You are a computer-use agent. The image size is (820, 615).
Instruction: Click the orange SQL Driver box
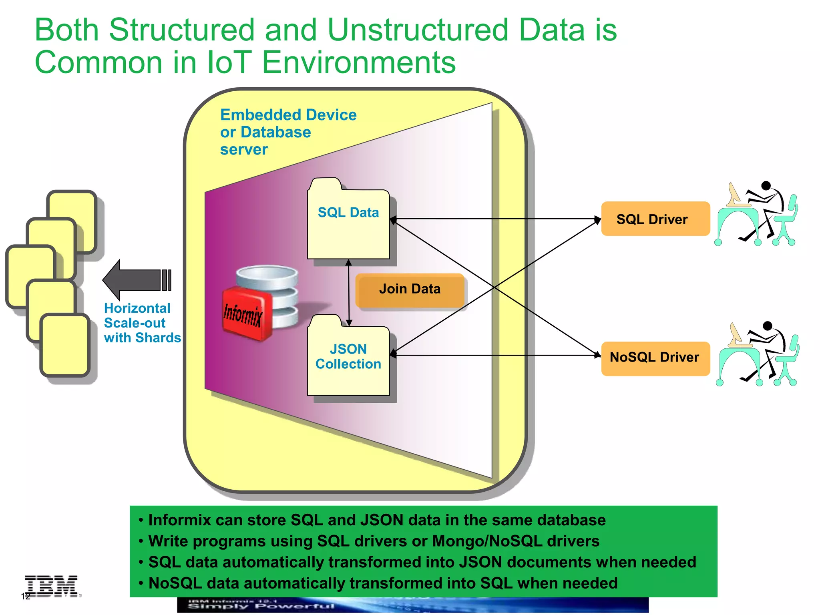point(655,219)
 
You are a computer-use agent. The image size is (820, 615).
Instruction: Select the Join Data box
point(410,289)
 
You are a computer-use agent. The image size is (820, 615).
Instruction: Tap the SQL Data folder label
point(348,213)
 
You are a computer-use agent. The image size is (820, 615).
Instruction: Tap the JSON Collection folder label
point(348,357)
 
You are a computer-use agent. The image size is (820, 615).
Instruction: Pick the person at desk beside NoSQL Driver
point(758,354)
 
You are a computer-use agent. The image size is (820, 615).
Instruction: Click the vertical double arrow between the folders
point(349,292)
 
